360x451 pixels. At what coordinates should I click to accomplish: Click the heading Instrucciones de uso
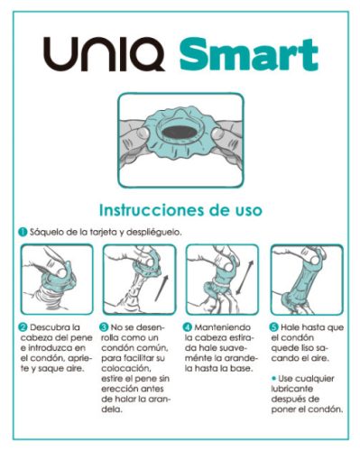coord(180,209)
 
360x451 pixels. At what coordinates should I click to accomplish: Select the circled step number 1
coord(23,232)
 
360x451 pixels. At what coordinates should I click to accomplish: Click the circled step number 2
coord(23,326)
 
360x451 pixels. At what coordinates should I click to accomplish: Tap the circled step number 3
coord(105,326)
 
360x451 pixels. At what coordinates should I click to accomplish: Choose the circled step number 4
coord(188,326)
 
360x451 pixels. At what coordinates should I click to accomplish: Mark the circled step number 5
coord(275,326)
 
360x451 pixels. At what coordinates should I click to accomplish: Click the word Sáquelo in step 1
coord(48,232)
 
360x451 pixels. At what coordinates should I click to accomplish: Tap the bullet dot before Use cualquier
coord(275,373)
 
